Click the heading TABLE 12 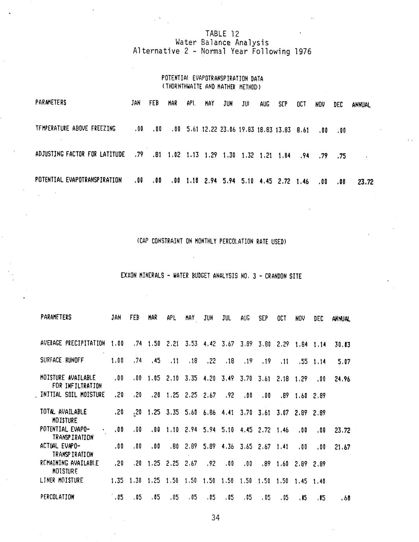(222, 34)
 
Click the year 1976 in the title (302, 51)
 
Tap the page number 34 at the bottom (215, 518)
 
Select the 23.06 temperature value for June (228, 129)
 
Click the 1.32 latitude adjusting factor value (247, 155)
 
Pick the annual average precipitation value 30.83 (342, 344)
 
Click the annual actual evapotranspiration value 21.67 (342, 447)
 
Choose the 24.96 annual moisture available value (342, 379)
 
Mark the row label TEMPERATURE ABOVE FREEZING (75, 128)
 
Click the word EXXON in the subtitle (128, 276)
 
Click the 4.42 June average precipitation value (208, 344)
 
